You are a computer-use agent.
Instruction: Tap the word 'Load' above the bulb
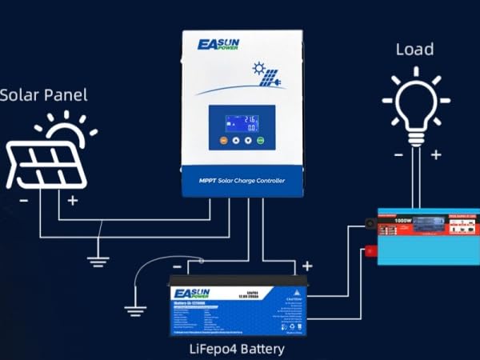tap(415, 50)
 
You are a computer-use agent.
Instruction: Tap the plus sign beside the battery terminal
tap(306, 265)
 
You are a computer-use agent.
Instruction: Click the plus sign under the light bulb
tap(435, 154)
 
